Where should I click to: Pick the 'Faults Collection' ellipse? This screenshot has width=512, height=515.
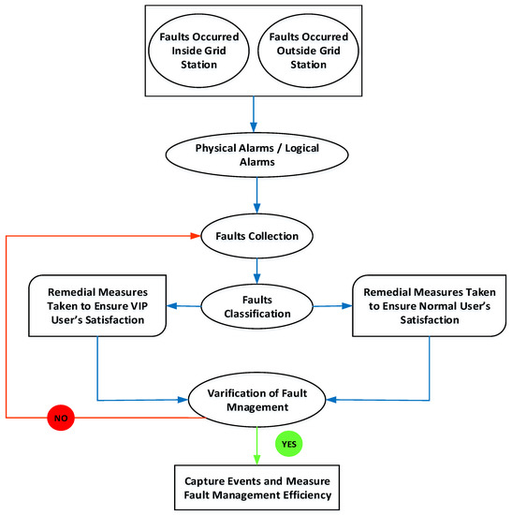pos(256,236)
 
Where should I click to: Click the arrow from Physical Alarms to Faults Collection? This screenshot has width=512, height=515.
pos(256,199)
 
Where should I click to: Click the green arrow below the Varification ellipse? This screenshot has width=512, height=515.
pos(256,442)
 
